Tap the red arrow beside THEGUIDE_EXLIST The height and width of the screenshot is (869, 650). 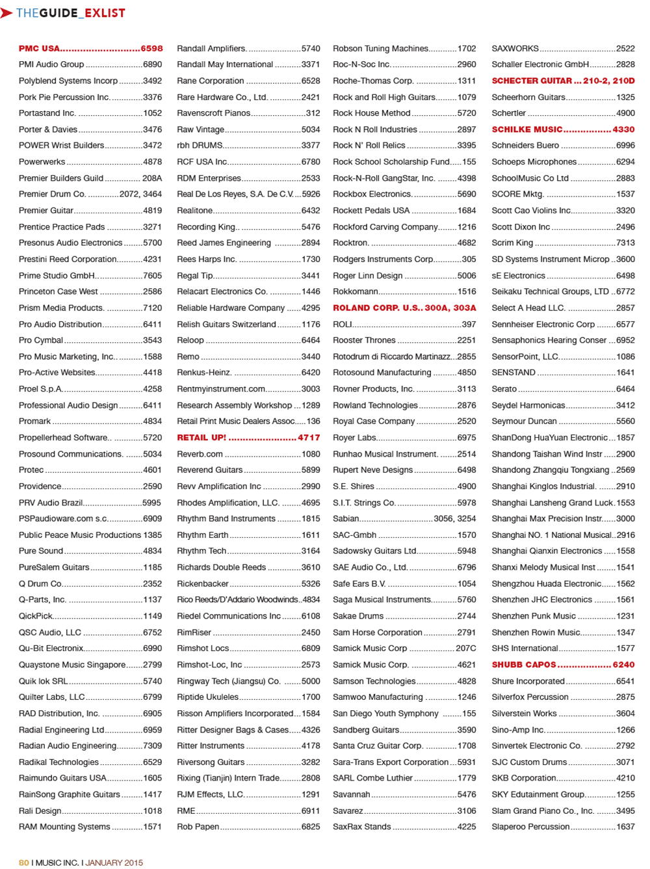point(7,13)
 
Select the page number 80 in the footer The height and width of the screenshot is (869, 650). point(23,862)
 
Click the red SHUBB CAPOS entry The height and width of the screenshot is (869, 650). point(524,665)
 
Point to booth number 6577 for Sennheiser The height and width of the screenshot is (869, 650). point(625,324)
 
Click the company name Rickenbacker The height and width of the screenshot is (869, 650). point(203,584)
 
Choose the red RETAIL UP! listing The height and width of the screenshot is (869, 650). point(201,438)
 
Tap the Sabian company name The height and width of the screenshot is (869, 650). point(346,519)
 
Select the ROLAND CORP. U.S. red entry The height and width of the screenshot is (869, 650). point(377,308)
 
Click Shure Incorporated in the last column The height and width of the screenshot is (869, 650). point(528,681)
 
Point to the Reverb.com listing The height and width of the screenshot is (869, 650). point(200,454)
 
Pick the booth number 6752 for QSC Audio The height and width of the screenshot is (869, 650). point(152,632)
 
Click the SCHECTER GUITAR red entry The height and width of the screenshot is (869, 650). point(532,81)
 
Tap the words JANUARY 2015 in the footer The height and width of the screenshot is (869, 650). point(114,862)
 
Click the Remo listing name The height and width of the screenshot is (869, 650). point(188,356)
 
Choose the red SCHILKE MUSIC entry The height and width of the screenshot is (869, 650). point(526,129)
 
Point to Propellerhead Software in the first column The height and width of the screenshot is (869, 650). point(64,438)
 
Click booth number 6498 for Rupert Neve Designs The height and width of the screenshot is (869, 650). point(466,470)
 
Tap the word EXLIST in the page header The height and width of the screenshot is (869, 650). point(105,13)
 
